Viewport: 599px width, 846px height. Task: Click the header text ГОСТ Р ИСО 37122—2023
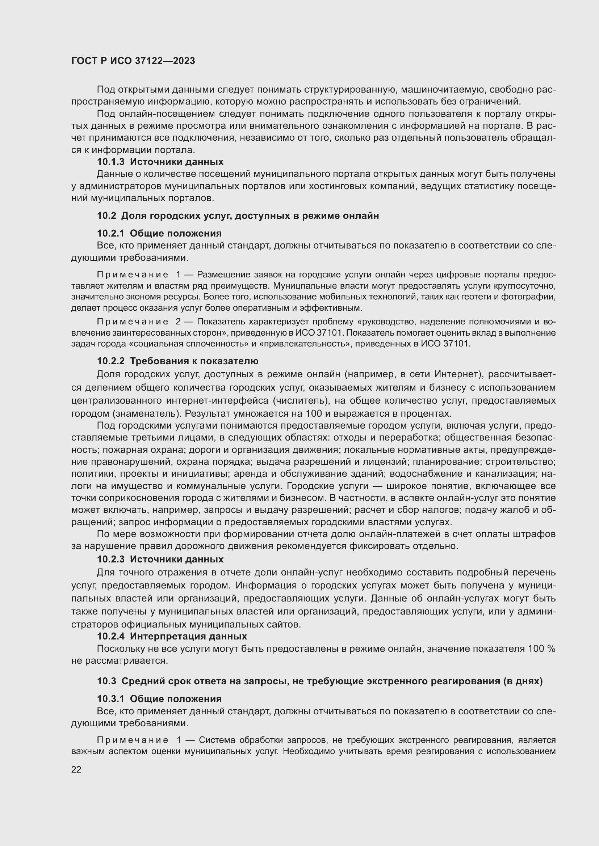[133, 61]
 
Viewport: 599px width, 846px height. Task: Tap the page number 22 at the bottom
[76, 769]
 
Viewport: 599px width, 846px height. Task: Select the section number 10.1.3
[111, 162]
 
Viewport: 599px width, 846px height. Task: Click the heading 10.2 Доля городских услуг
[238, 216]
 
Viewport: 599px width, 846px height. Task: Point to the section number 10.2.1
[111, 233]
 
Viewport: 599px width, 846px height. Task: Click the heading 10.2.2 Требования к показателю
[177, 361]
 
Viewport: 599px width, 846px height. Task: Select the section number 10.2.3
[111, 559]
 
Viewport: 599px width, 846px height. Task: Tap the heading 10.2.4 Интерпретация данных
[172, 636]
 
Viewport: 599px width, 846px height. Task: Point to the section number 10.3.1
[111, 699]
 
